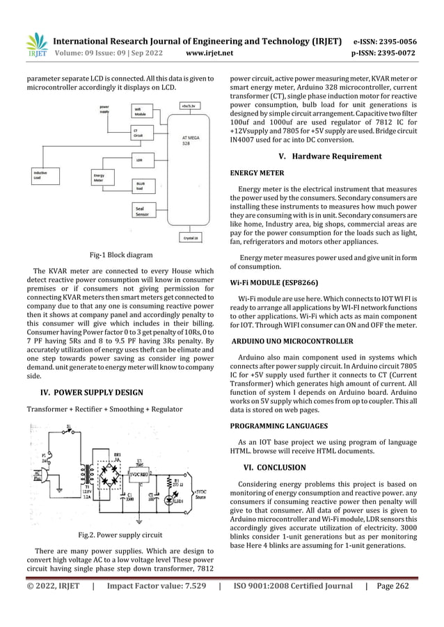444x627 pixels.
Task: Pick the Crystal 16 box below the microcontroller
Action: (190, 238)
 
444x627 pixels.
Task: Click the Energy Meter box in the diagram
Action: (100, 178)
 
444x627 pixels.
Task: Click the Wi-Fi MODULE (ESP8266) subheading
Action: (276, 284)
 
